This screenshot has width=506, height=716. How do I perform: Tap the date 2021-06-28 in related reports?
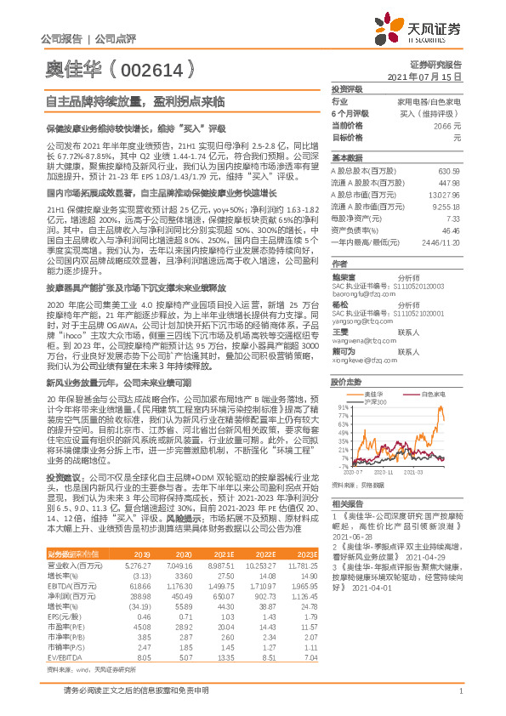coord(350,536)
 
